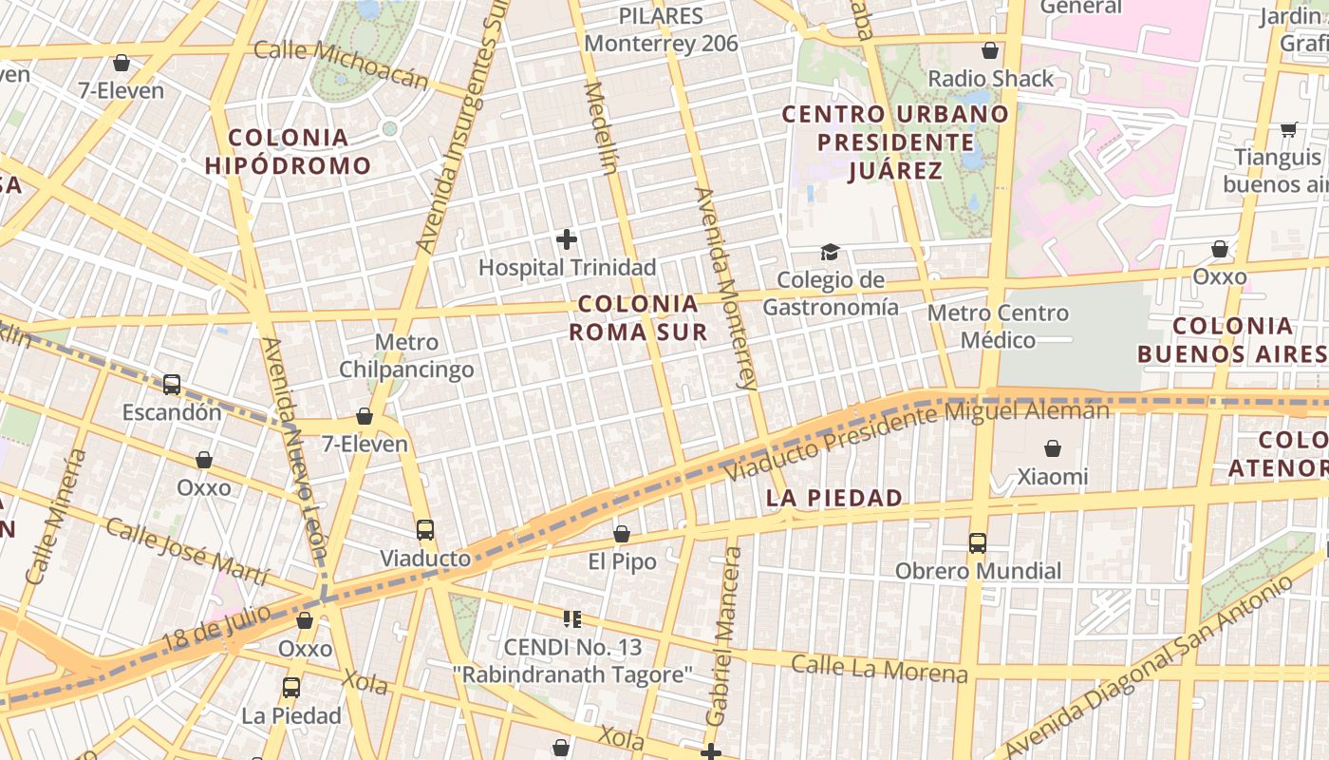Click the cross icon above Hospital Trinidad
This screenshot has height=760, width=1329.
point(567,239)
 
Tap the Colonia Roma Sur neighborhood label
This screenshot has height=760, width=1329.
point(638,317)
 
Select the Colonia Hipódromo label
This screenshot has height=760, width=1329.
point(289,151)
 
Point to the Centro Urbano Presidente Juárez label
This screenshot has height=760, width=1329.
point(895,142)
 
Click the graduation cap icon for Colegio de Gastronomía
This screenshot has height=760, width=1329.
point(831,253)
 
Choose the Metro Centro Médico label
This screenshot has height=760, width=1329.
point(998,326)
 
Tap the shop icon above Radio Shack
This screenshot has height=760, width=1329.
point(990,50)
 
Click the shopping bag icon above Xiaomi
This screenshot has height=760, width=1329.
point(1052,448)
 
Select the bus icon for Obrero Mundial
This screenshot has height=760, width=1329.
point(978,543)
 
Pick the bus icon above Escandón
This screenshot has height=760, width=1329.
point(172,385)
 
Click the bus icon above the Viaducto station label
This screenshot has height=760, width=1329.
point(425,530)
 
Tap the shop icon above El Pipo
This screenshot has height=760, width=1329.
point(622,534)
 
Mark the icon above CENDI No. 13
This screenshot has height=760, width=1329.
point(572,619)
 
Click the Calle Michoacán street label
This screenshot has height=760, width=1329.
point(341,64)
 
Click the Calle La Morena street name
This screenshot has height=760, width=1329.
point(879,669)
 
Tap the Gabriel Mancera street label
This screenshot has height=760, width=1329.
point(722,636)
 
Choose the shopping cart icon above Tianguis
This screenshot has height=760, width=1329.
point(1288,129)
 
